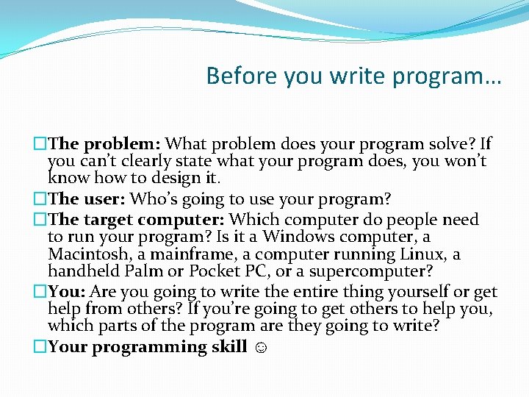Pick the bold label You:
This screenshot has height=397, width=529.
pos(68,291)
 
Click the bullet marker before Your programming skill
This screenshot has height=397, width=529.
pos(40,346)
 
